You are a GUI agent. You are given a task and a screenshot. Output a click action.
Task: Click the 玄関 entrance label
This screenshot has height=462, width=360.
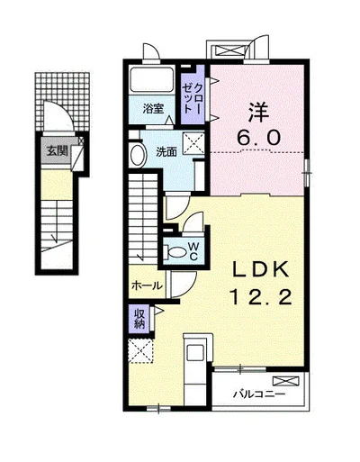[57, 151]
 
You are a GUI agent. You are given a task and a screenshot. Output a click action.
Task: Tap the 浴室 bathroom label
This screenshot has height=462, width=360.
[153, 109]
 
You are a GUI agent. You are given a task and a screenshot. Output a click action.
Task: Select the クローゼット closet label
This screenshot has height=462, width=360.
[193, 98]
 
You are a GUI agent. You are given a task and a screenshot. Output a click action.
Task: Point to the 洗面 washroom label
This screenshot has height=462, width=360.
[166, 152]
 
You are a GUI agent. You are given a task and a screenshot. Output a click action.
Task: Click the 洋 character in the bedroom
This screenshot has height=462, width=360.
[258, 112]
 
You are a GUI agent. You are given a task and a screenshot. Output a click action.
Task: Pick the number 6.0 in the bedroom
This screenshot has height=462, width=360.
[258, 138]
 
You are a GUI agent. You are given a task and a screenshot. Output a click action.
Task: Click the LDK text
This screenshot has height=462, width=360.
[261, 269]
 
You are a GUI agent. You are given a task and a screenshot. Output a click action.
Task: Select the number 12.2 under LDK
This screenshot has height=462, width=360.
[261, 298]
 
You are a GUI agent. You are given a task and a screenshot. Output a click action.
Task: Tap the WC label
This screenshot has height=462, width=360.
[193, 251]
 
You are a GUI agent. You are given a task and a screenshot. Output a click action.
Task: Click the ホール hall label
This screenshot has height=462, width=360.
[147, 285]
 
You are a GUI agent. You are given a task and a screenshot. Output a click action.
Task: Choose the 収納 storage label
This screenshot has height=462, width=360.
[139, 319]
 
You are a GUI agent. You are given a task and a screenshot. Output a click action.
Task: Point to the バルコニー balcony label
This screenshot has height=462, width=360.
[259, 394]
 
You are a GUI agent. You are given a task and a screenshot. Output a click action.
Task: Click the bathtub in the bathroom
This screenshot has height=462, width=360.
[152, 79]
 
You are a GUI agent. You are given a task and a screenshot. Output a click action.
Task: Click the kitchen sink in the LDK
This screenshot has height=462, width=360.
[195, 352]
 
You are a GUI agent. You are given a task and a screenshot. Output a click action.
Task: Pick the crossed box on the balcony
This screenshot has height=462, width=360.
[286, 381]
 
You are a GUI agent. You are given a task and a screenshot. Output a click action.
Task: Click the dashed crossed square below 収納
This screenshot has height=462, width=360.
[140, 351]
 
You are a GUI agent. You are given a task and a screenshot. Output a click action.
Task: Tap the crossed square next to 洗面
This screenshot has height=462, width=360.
[193, 142]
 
